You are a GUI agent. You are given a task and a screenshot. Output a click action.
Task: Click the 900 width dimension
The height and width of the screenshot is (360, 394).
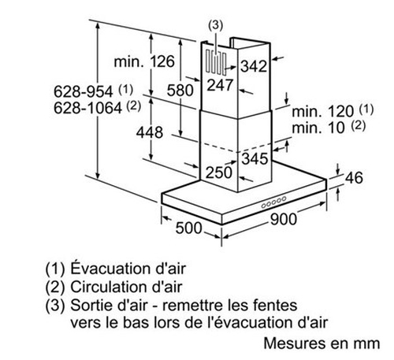(x=284, y=219)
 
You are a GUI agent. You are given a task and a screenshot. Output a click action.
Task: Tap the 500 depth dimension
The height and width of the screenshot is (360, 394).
(x=189, y=228)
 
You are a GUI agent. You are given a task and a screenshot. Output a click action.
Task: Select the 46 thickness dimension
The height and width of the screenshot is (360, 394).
(x=354, y=178)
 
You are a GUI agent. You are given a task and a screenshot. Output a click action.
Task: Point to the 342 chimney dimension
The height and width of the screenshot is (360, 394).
(x=254, y=66)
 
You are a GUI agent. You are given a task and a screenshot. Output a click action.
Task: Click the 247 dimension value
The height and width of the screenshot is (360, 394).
(x=220, y=85)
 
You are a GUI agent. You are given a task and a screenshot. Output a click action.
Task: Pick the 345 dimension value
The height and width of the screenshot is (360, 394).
(x=255, y=159)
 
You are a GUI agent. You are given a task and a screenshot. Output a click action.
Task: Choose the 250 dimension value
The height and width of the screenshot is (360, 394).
(x=219, y=173)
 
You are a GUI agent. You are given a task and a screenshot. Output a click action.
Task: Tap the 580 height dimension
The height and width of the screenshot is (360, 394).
(x=180, y=91)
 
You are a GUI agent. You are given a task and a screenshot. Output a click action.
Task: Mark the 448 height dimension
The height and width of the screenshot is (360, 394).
(x=150, y=132)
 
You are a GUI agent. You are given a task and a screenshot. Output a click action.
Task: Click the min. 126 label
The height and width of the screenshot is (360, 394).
(x=144, y=61)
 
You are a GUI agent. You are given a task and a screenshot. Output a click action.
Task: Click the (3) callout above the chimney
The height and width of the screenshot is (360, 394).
(x=215, y=25)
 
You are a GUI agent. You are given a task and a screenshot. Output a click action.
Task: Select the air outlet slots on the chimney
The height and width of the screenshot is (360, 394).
(x=216, y=62)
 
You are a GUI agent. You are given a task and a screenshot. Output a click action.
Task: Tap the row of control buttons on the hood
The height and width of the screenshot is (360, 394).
(x=273, y=202)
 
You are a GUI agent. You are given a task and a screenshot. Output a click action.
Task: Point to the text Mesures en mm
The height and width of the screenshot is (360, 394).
(x=322, y=343)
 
